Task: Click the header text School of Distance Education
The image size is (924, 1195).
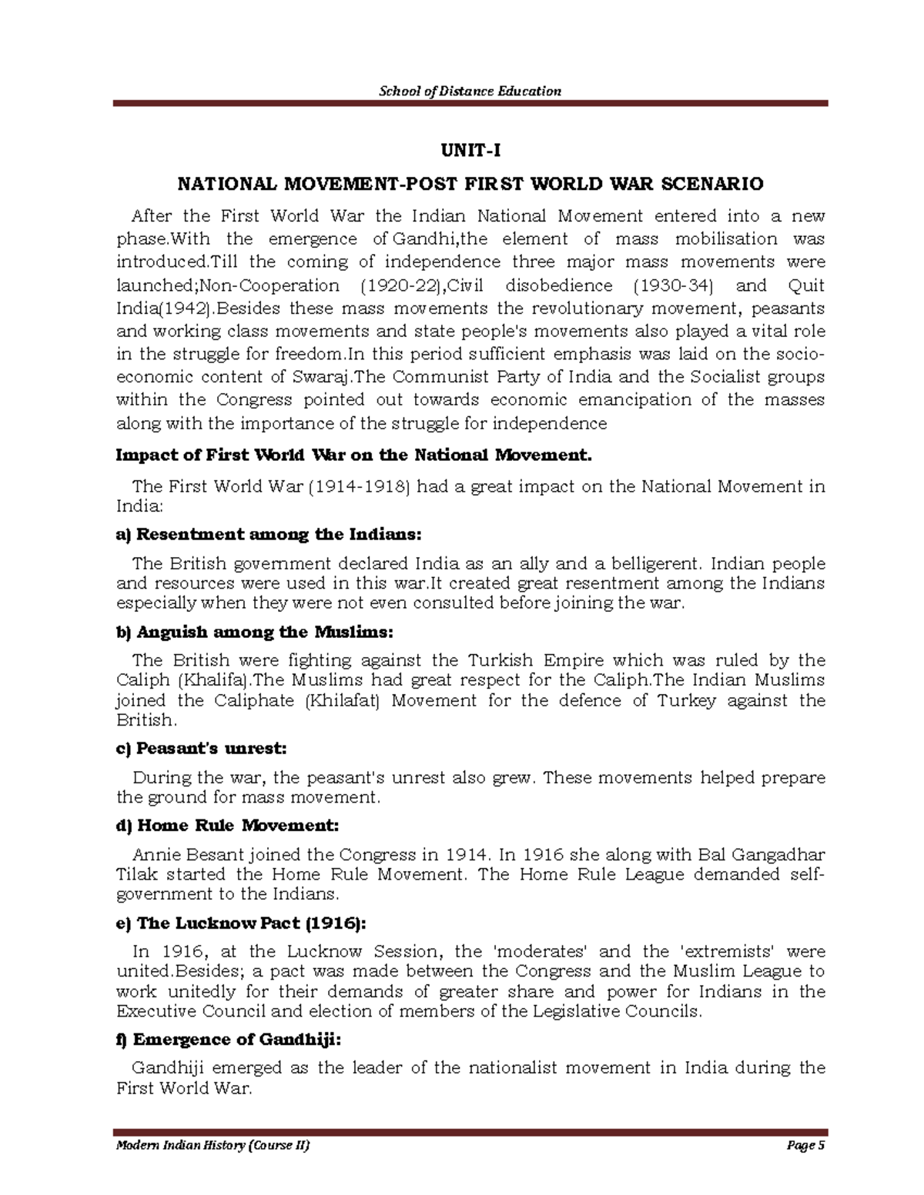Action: [470, 91]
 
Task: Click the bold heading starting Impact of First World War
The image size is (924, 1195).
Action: [354, 455]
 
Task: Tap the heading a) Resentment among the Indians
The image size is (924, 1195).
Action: [269, 534]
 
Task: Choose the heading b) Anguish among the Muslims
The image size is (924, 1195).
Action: [254, 632]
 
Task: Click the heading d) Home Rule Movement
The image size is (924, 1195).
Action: [226, 826]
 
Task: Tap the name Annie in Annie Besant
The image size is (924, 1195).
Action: [154, 854]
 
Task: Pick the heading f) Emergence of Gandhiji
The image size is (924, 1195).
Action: [228, 1040]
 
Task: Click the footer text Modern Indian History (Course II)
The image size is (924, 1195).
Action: [213, 1146]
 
